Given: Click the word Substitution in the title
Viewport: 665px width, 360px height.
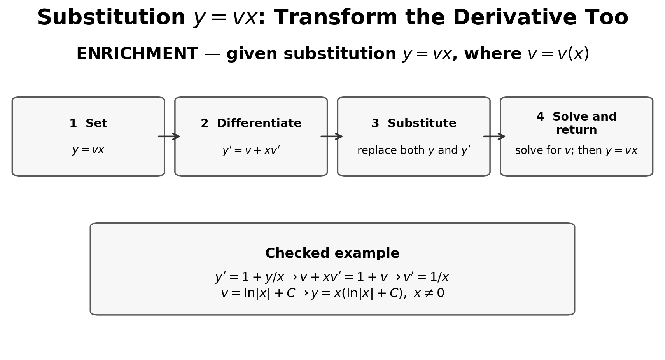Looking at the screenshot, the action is click(x=111, y=17).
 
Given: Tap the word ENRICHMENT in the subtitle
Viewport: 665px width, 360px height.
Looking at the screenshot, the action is click(x=137, y=54).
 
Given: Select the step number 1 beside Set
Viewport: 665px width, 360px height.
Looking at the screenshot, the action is click(x=73, y=123).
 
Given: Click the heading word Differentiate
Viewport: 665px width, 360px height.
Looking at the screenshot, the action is click(x=259, y=123).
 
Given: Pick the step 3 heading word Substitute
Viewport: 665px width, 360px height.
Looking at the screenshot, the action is click(x=422, y=123).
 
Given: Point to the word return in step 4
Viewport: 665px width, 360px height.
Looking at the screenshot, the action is click(x=576, y=130).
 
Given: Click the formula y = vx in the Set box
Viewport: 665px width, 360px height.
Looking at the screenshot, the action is click(x=88, y=150).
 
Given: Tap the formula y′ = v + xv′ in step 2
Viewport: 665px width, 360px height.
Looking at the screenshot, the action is click(x=251, y=150).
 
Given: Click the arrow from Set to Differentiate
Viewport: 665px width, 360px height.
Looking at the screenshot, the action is click(x=169, y=136).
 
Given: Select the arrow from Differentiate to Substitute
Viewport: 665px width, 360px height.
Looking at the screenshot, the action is click(x=332, y=136).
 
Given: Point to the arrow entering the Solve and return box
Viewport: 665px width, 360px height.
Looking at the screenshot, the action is click(x=494, y=136).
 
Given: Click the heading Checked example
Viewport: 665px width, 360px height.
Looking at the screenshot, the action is click(x=332, y=253).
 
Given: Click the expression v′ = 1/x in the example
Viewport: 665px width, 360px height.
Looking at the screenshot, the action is click(x=426, y=277).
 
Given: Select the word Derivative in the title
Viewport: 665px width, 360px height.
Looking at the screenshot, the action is click(x=491, y=17).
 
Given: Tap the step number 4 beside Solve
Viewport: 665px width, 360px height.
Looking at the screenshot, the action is click(x=540, y=117).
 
